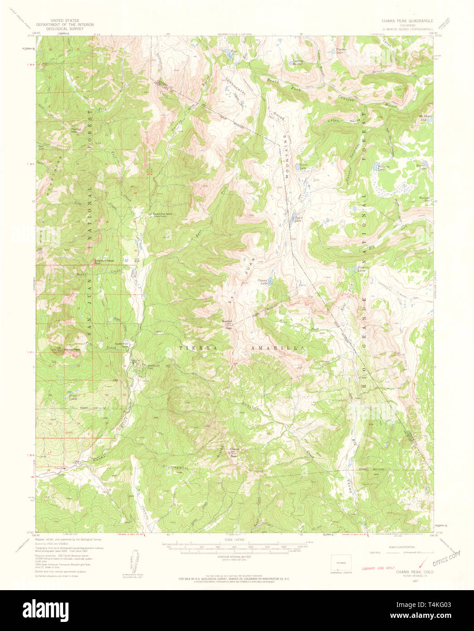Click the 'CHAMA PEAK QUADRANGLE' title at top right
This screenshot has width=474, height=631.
(x=407, y=21)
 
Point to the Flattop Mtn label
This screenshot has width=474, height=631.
(x=76, y=130)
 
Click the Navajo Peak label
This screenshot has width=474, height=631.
(x=72, y=350)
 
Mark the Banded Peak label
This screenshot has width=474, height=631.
(x=227, y=324)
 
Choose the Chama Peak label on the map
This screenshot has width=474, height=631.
(x=234, y=451)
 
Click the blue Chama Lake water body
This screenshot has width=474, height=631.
(x=270, y=282)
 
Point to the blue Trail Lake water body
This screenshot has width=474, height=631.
(x=294, y=221)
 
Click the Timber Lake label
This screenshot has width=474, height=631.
(x=341, y=51)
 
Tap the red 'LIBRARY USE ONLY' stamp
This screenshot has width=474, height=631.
(x=377, y=568)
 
